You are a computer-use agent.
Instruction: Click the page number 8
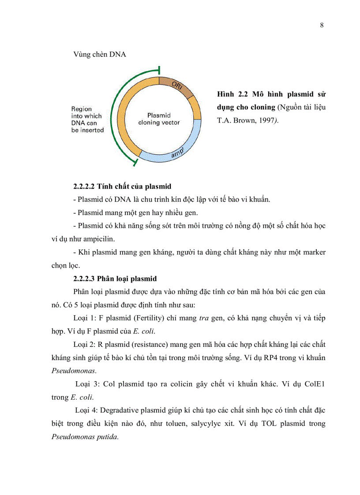point(322,25)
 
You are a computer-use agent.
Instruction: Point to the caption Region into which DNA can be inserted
point(87,119)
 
